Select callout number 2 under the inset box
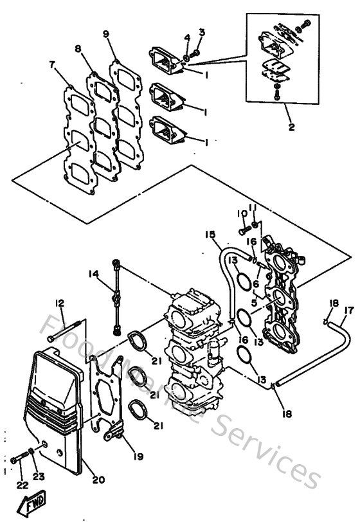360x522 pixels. [291, 127]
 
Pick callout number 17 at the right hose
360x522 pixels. [348, 310]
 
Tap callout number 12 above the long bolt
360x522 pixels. [59, 303]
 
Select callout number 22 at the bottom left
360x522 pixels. [21, 484]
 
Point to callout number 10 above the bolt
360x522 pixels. [242, 213]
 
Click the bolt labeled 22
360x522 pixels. [19, 459]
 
